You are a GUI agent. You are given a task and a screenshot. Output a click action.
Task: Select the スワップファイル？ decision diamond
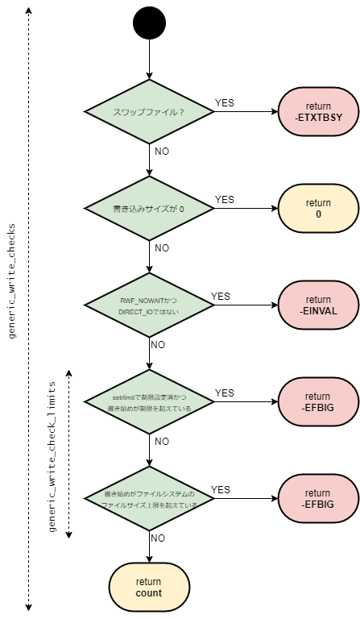pyautogui.click(x=150, y=111)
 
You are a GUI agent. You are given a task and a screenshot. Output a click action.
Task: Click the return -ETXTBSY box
pyautogui.click(x=317, y=112)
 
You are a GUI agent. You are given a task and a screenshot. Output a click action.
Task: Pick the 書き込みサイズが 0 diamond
pyautogui.click(x=150, y=208)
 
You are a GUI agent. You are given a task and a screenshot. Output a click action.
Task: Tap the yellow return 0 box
pyautogui.click(x=317, y=209)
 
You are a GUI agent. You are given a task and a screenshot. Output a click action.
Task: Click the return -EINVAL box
pyautogui.click(x=317, y=305)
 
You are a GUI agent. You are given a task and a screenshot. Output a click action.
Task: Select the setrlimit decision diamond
pyautogui.click(x=150, y=401)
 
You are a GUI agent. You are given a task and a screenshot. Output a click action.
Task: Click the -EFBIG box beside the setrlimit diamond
pyautogui.click(x=317, y=402)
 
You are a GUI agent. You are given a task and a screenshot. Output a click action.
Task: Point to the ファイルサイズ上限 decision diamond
pyautogui.click(x=150, y=498)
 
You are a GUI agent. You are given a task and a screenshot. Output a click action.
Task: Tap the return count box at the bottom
pyautogui.click(x=149, y=587)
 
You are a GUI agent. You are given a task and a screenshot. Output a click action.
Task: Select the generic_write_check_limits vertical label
pyautogui.click(x=52, y=455)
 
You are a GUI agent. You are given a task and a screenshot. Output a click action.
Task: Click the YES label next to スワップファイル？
pyautogui.click(x=226, y=102)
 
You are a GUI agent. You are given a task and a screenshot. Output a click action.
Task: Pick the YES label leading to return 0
pyautogui.click(x=226, y=199)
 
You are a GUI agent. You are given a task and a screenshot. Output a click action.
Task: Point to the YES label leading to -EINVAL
pyautogui.click(x=221, y=296)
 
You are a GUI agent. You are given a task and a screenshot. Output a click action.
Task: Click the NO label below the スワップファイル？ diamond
pyautogui.click(x=161, y=151)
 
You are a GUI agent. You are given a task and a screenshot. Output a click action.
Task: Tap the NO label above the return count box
pyautogui.click(x=159, y=538)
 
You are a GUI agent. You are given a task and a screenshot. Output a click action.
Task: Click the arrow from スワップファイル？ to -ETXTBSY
pyautogui.click(x=245, y=112)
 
